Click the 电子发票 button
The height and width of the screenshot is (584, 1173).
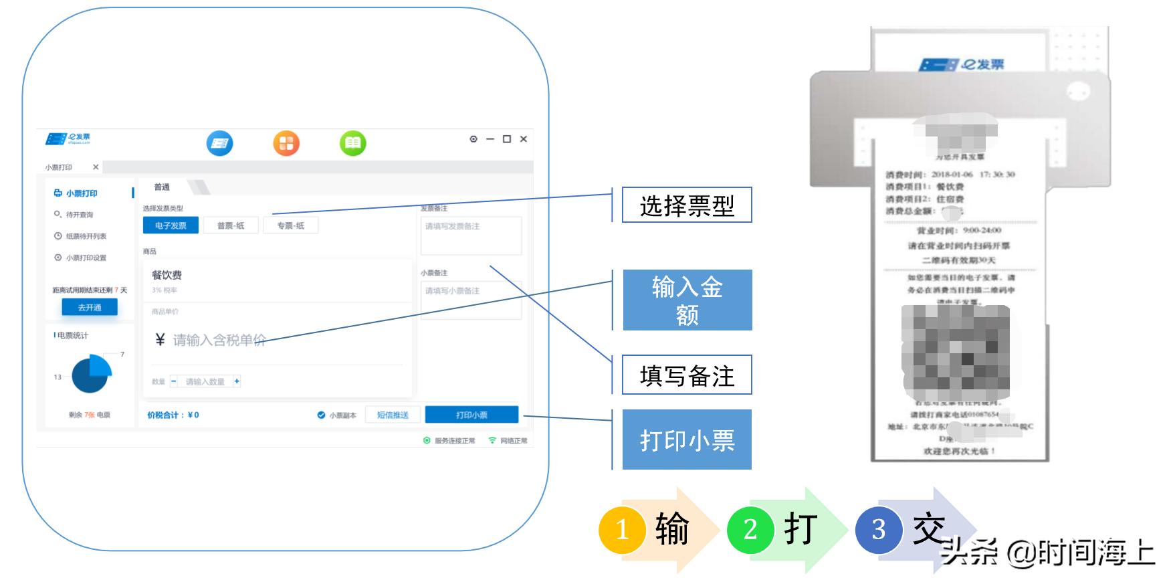pos(171,225)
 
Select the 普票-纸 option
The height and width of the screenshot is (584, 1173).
pos(231,225)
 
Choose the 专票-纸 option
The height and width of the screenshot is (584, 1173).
pos(290,225)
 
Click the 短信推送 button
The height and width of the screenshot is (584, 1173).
pos(393,415)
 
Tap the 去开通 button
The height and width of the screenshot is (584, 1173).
pos(90,307)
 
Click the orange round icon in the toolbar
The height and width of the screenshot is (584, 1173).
pos(286,143)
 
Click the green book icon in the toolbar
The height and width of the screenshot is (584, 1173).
pos(353,143)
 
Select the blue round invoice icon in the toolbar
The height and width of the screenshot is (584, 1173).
pos(219,143)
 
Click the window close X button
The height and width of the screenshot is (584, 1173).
pos(524,139)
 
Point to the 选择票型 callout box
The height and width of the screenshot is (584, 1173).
pos(687,205)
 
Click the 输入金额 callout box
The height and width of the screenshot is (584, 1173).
pos(687,300)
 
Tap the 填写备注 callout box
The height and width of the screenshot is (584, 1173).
pos(687,375)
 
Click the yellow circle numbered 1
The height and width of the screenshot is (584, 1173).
pos(622,530)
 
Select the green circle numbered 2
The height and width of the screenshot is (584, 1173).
pos(750,530)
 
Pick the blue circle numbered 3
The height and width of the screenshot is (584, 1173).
pos(878,530)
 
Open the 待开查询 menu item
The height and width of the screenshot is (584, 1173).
pos(79,215)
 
